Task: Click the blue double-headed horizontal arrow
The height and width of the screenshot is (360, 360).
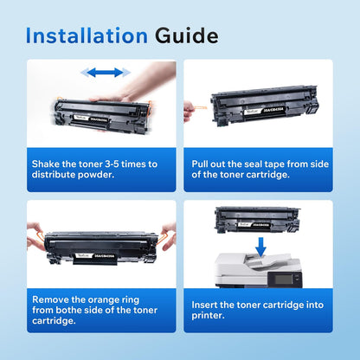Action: tap(100, 73)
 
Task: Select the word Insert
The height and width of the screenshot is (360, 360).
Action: tap(208, 303)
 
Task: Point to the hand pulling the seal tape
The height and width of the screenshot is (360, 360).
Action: tap(189, 111)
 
